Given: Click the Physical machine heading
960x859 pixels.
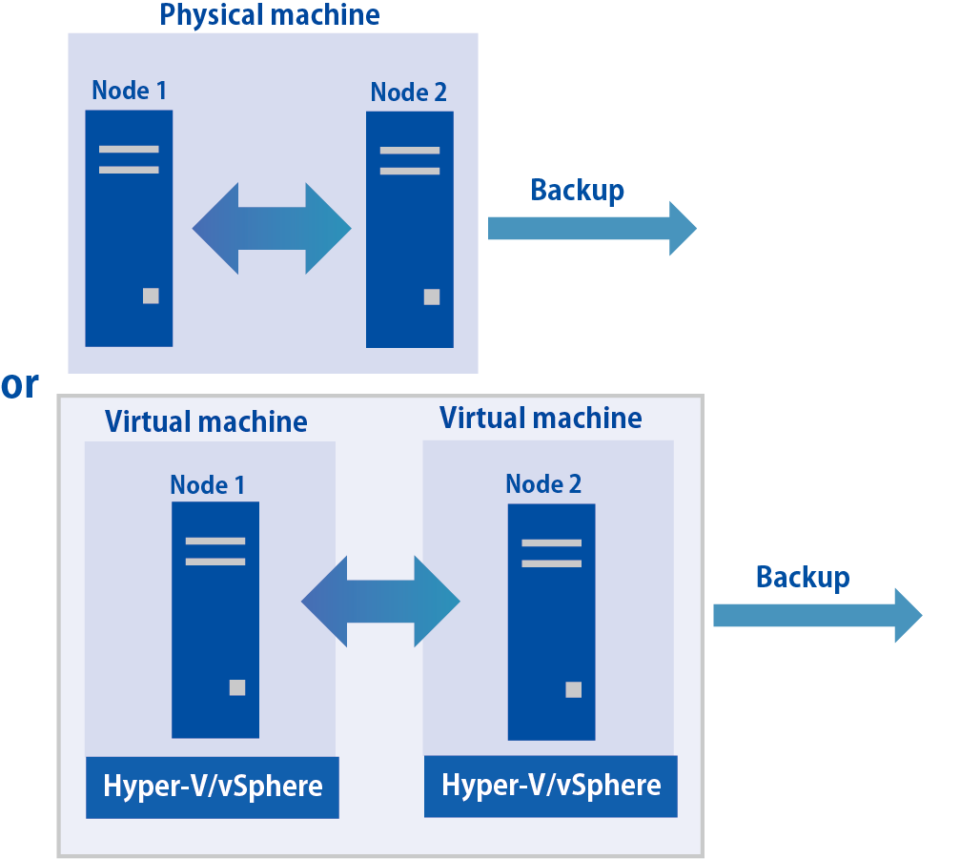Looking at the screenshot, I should point(270,15).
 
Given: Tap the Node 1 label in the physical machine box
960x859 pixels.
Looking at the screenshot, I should point(129,91).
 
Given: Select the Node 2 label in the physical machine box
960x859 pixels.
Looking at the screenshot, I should point(408,92).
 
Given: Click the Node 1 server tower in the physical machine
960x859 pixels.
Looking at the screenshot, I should point(129,228).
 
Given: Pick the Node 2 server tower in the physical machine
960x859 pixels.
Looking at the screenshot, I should point(409,230).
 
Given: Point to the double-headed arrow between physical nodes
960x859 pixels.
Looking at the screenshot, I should point(272,229).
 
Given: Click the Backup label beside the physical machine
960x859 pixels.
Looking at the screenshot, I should point(577,190).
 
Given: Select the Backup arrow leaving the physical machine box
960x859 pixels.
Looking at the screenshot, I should point(592,229).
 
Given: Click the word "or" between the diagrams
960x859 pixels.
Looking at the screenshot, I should point(20,384).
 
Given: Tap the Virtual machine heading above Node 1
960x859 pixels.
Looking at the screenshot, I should point(206,421).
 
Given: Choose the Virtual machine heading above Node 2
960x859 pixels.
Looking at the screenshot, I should point(541,418).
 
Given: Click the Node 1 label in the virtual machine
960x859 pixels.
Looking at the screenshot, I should point(207,484).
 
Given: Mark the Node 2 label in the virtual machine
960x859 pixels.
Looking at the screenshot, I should point(543,483).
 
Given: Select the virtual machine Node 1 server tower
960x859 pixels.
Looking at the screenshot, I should point(215,620).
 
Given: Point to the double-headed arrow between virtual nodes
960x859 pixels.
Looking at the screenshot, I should point(380,602).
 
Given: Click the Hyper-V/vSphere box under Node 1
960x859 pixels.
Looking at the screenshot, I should point(213,787).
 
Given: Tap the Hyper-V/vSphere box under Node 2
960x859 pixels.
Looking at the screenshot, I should point(550,786).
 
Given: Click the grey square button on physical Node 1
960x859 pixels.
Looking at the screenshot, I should point(151,296).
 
